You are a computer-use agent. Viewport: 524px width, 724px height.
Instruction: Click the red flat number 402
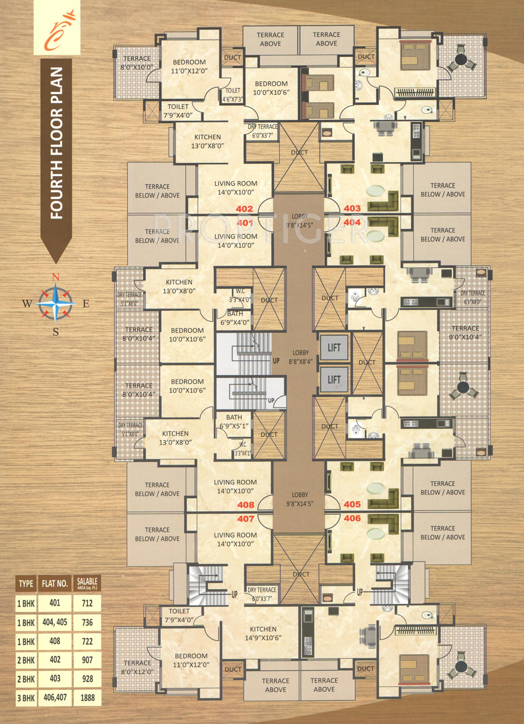click(244, 209)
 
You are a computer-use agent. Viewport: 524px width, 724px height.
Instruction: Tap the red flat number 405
click(352, 504)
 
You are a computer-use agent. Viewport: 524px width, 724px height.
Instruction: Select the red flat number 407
click(245, 519)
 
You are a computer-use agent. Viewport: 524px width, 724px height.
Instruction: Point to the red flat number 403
click(352, 208)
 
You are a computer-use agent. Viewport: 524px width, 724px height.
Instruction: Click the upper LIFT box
click(334, 347)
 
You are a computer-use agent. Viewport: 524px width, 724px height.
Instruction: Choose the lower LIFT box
click(334, 380)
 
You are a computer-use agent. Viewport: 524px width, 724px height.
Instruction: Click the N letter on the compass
click(56, 277)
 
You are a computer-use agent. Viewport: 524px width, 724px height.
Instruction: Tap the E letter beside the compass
click(86, 303)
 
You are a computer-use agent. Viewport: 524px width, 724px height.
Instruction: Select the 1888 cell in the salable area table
click(87, 697)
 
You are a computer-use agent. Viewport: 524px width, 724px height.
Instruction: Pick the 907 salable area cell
click(87, 660)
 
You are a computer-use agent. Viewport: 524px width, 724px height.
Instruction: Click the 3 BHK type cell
click(26, 698)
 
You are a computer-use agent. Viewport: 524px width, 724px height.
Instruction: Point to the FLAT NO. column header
click(54, 583)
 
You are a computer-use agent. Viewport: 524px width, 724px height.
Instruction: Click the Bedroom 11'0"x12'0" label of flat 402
click(189, 66)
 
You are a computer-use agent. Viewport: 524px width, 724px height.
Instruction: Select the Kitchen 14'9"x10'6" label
click(263, 633)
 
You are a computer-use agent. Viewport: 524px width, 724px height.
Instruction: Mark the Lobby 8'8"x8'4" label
click(300, 357)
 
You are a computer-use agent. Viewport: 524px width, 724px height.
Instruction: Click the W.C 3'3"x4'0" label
click(240, 295)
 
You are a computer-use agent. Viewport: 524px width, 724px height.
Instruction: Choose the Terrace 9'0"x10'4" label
click(465, 332)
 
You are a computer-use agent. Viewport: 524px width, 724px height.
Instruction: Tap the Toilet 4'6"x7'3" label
click(233, 94)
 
